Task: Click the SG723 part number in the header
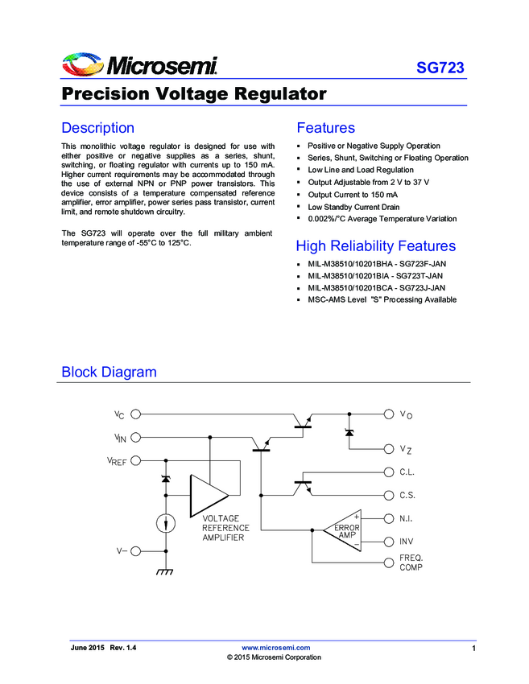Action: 440,68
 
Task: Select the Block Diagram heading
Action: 109,373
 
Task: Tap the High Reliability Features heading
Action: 375,246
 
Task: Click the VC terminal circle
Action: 135,414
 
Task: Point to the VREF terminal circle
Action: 135,460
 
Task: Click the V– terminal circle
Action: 135,551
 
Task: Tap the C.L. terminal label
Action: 407,473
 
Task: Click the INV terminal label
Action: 407,541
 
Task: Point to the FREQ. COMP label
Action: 411,562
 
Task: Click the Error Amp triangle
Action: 344,530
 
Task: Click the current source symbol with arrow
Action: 166,523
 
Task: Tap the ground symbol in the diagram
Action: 166,572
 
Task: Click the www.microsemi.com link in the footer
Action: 276,648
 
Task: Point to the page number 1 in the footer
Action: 474,649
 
